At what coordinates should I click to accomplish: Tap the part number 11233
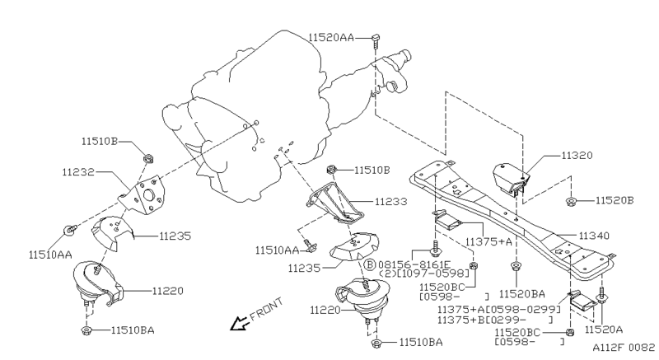click(x=391, y=200)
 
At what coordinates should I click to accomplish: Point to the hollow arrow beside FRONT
click(x=240, y=322)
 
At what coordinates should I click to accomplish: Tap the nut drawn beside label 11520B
click(x=570, y=200)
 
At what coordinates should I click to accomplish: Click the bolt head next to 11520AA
click(x=375, y=38)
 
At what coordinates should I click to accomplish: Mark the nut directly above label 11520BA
click(x=516, y=266)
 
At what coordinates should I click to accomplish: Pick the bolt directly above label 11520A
click(x=603, y=293)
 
